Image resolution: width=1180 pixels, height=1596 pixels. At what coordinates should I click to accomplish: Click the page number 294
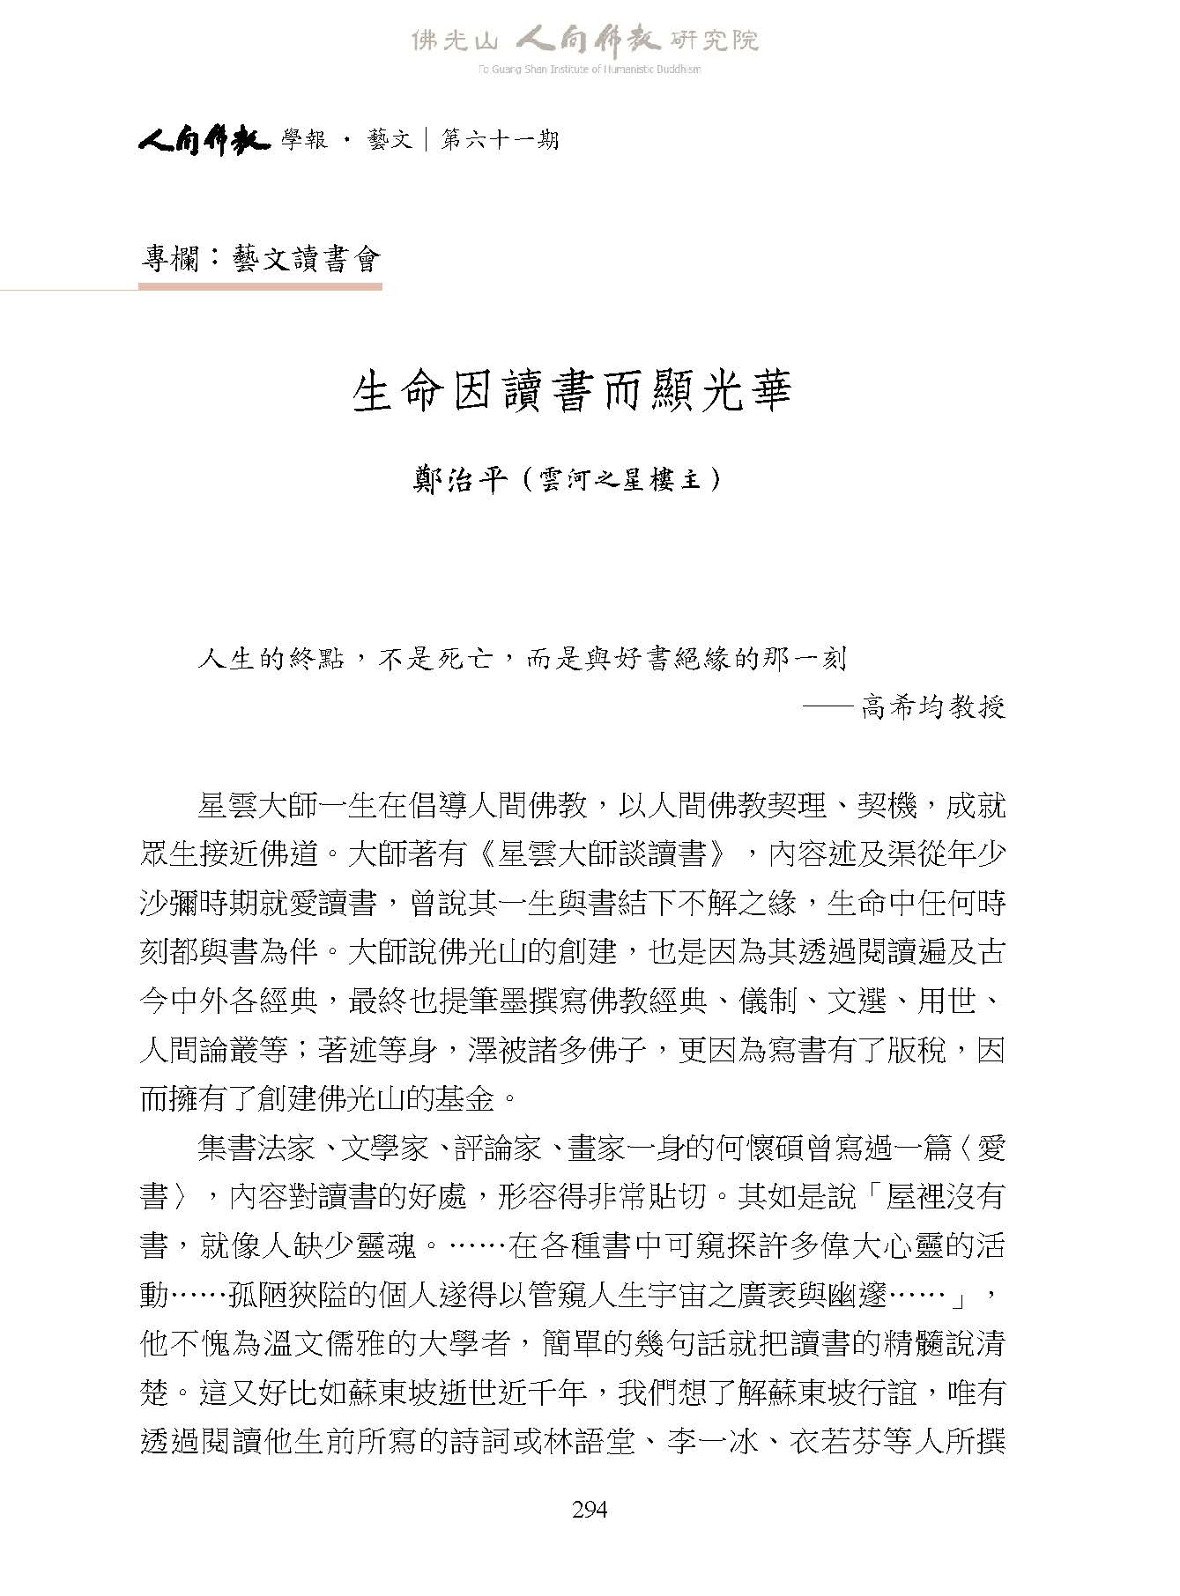(x=590, y=1509)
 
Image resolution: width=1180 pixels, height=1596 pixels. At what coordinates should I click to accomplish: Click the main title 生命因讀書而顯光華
(x=573, y=392)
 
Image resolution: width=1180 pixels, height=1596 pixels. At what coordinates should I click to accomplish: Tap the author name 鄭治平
(x=461, y=480)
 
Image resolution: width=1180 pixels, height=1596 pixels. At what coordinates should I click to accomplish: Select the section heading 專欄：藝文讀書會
(x=261, y=259)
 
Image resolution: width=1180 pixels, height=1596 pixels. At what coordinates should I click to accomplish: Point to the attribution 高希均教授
(x=933, y=706)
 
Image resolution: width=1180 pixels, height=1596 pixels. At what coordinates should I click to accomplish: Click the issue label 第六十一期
(x=500, y=139)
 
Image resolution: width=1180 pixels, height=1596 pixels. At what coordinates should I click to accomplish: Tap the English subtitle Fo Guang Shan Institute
(x=590, y=70)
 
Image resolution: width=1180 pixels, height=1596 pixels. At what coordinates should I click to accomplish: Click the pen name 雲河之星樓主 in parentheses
(x=622, y=481)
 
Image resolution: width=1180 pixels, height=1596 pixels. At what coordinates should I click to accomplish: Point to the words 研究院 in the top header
(x=714, y=40)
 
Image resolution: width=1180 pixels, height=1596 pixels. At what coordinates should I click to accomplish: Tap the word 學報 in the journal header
(x=305, y=139)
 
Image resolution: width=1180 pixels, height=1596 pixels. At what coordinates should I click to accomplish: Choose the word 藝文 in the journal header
(x=390, y=139)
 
